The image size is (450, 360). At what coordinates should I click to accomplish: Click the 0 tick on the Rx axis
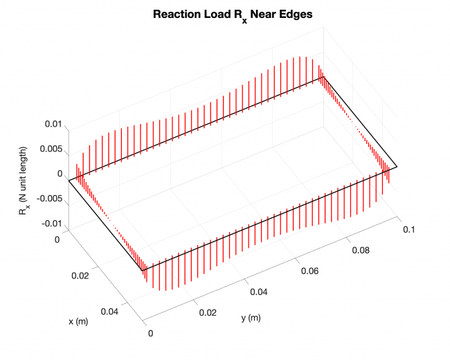coord(60,174)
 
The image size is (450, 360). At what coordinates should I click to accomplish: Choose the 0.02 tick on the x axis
coord(80,276)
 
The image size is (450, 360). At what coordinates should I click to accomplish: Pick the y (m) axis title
coord(251,318)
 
